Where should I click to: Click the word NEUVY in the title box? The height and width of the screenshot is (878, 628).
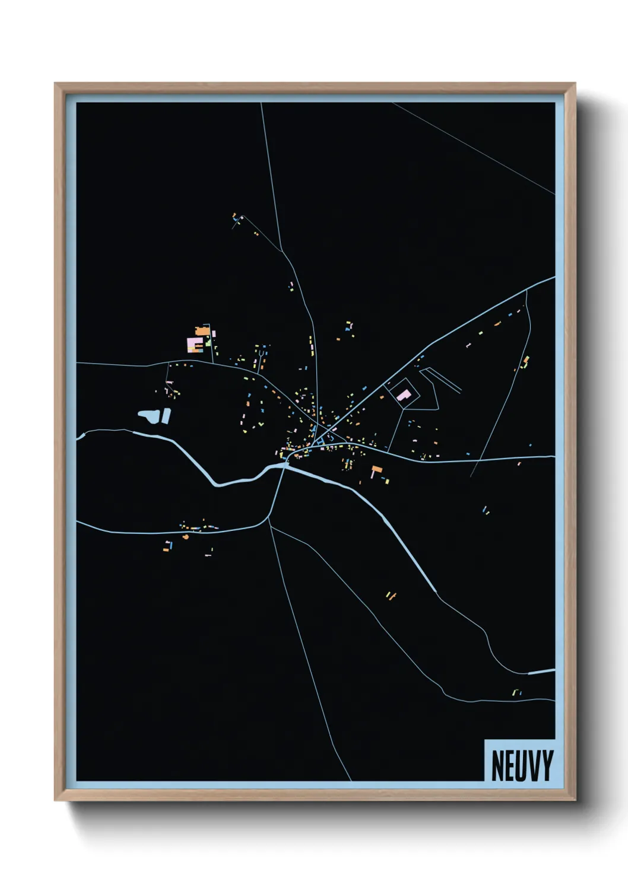coord(522,765)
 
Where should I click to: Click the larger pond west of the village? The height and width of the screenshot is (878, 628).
coord(148,415)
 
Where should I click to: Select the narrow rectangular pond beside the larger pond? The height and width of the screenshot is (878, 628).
coord(166,415)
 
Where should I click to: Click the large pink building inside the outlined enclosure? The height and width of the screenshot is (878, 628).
coord(404,395)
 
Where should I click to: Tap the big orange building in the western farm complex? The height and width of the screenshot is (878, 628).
coord(203,330)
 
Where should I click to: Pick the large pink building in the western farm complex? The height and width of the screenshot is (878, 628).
coord(194,345)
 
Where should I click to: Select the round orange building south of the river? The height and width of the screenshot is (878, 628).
coord(186,536)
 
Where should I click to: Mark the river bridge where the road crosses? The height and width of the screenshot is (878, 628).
coord(285,465)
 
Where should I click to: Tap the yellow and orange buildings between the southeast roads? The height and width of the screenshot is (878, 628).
coord(390,595)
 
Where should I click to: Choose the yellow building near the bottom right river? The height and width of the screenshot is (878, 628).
coord(515,692)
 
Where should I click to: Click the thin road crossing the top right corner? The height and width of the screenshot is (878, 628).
coord(475,148)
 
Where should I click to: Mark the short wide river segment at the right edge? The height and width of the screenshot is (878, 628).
coord(541,672)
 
